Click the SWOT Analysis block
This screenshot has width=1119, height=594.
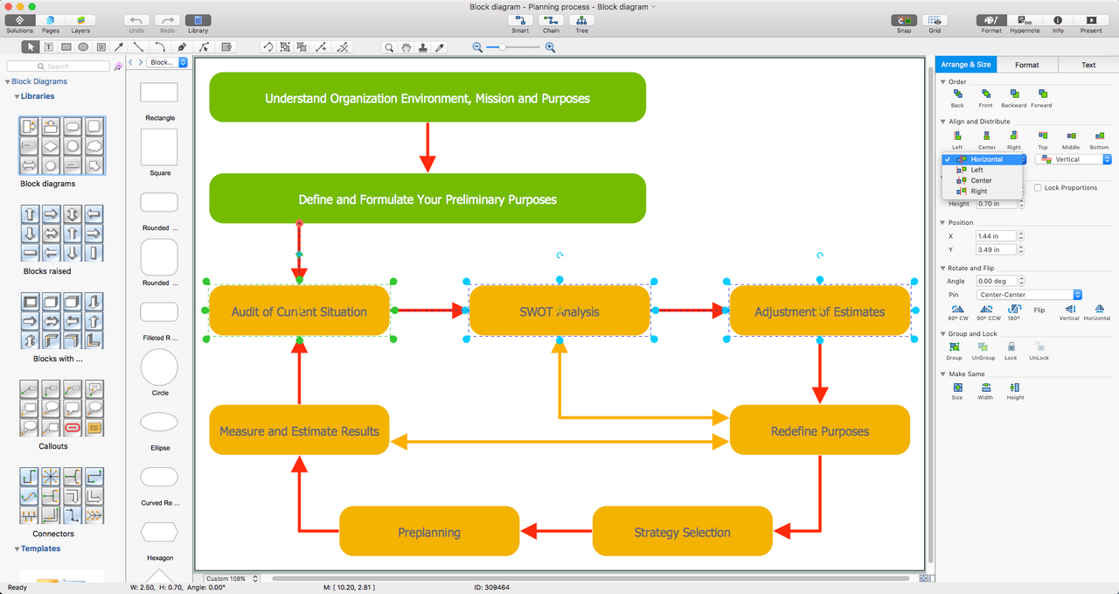(559, 311)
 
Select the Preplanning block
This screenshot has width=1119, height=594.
(429, 532)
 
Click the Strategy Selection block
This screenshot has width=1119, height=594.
(682, 532)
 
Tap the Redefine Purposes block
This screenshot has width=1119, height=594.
(819, 430)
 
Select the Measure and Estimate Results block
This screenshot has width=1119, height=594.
(299, 430)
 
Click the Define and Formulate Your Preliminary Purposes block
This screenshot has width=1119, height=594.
(427, 199)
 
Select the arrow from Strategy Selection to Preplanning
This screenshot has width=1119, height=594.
(556, 530)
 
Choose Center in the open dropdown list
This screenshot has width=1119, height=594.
(981, 180)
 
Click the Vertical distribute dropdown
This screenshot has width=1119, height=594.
(1073, 159)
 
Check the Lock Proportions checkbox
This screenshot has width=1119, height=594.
(1038, 188)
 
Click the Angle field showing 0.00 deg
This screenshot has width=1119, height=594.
(996, 281)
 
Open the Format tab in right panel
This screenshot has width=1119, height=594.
(1026, 65)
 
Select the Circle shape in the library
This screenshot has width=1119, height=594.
(159, 368)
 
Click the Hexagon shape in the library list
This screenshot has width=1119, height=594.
(159, 532)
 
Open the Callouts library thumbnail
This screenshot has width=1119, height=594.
(60, 409)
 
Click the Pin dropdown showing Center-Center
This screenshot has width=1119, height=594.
(1030, 295)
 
